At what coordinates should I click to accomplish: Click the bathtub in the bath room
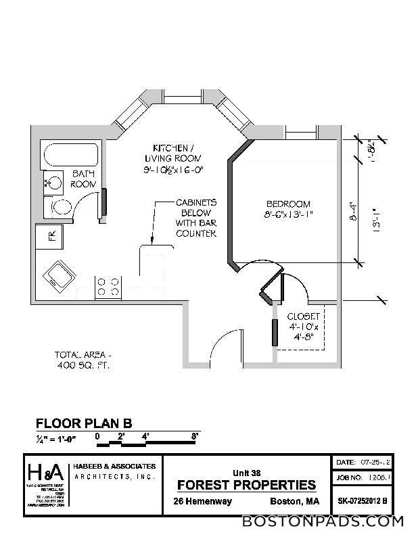click(70, 156)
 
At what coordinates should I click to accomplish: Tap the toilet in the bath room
click(59, 206)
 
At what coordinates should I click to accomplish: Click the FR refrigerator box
click(50, 237)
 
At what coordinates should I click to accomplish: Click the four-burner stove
click(110, 285)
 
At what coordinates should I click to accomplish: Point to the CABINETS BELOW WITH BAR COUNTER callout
click(196, 218)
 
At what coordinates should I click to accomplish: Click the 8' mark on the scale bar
click(195, 436)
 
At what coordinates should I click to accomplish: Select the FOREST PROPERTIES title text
click(246, 485)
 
